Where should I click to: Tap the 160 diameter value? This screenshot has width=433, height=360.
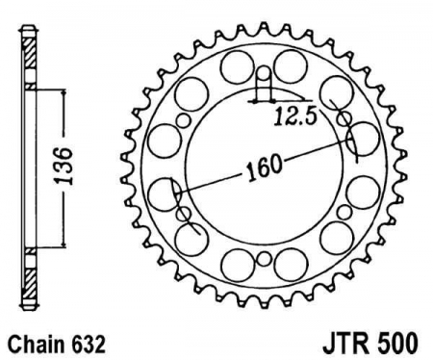pos(264,167)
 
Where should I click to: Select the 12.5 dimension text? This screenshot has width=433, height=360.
pos(295,116)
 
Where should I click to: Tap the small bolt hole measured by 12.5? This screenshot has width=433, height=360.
pos(265,73)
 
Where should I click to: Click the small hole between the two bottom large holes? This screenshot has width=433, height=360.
pos(264,258)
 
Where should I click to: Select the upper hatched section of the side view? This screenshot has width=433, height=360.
pos(31,53)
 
